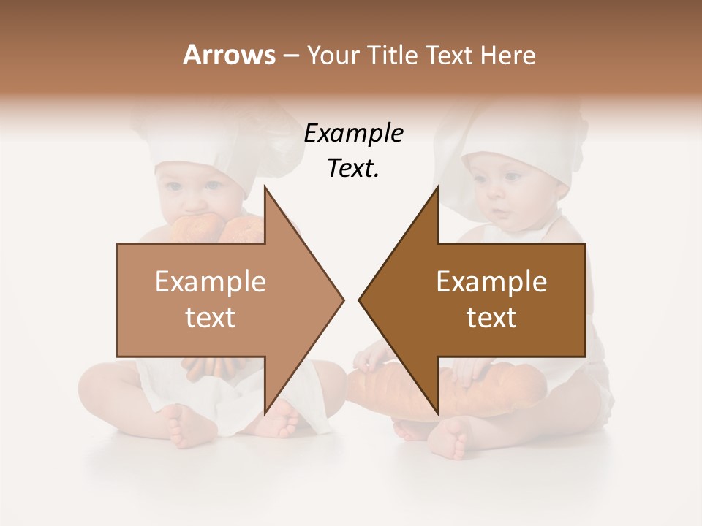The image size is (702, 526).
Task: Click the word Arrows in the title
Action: (228, 55)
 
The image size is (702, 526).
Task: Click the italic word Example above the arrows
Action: (353, 134)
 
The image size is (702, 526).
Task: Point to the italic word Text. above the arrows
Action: (353, 169)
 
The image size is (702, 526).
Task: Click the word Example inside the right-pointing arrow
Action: (210, 282)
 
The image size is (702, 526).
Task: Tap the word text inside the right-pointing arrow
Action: (210, 318)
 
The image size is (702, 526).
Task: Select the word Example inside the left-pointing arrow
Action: (491, 282)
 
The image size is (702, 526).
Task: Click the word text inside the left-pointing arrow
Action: (491, 318)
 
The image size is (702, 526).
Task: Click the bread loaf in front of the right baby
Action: (505, 391)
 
